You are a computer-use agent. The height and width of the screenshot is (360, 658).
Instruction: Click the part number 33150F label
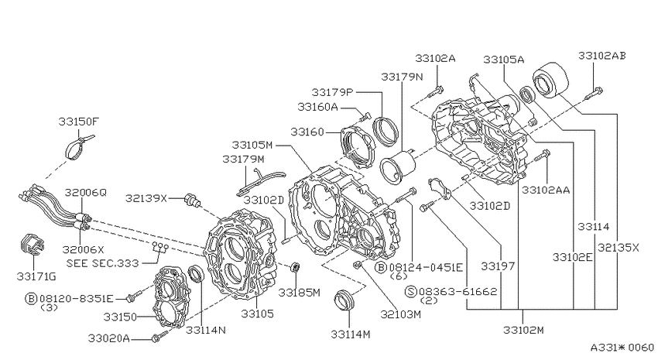[x=78, y=122]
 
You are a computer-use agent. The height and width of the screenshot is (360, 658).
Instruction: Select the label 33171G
[x=36, y=276]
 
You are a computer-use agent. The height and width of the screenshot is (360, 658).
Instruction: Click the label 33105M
[x=252, y=146]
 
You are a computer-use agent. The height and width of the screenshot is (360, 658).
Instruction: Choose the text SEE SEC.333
[x=102, y=263]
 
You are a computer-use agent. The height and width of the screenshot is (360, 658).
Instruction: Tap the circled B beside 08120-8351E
[x=32, y=299]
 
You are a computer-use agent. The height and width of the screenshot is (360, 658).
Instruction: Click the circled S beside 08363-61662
[x=411, y=292]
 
